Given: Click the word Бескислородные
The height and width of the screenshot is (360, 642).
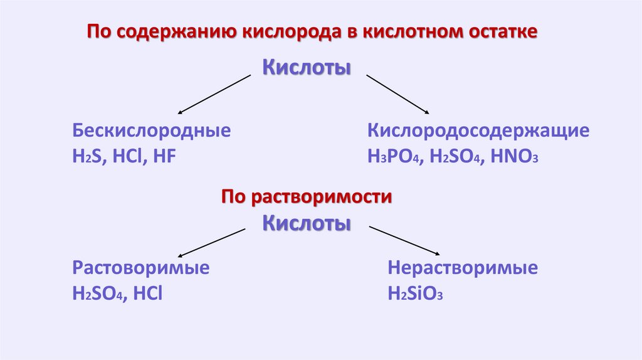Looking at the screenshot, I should [151, 132].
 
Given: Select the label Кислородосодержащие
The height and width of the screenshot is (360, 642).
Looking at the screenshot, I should [478, 132].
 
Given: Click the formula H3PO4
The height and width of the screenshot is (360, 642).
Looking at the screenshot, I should [393, 157].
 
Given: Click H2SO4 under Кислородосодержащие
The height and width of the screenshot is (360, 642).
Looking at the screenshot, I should [454, 157].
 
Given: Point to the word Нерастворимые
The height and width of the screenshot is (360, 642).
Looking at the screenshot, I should [463, 268].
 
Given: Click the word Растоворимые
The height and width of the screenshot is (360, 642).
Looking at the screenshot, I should [141, 268].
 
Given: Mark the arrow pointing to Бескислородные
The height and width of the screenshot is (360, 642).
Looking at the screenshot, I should [214, 94].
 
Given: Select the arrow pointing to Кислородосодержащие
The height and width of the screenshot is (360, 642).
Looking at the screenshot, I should [397, 94].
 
